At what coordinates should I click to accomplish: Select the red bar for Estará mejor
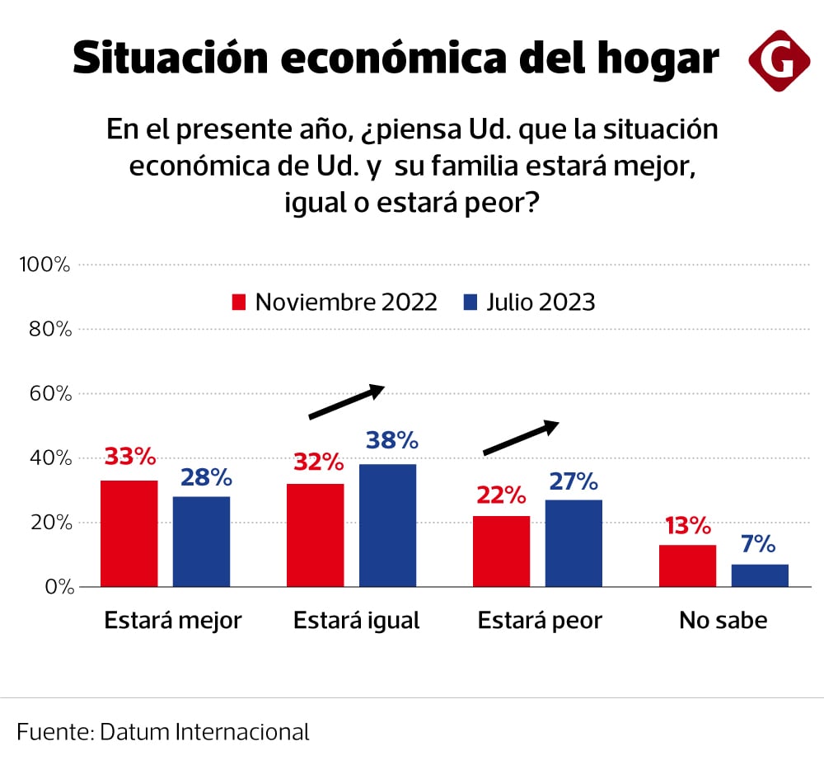tap(129, 533)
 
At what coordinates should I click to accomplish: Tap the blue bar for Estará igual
tap(387, 525)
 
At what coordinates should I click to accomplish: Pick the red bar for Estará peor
tap(502, 551)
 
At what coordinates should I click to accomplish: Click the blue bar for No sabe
tap(760, 575)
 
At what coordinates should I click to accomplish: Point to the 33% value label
tap(129, 456)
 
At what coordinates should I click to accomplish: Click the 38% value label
tap(392, 440)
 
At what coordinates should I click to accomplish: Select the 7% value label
tap(757, 544)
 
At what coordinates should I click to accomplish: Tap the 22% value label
tap(500, 495)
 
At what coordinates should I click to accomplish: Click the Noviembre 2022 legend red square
tap(239, 303)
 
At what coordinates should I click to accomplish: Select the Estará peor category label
tap(540, 621)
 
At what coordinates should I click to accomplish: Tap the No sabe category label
tap(723, 621)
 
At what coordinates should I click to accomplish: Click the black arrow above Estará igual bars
tap(347, 401)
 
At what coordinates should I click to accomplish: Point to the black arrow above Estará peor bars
tap(521, 438)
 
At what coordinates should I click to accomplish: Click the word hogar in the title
tap(658, 59)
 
